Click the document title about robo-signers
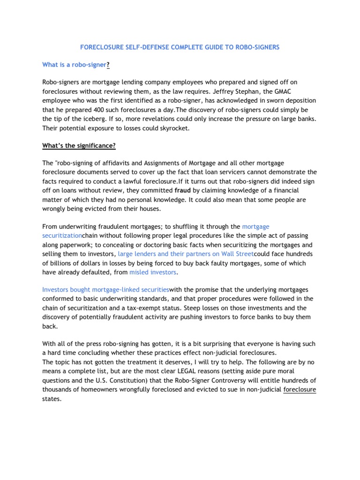(x=180, y=47)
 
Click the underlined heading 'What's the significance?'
(x=79, y=146)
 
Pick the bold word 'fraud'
(x=183, y=191)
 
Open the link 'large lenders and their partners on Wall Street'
(x=186, y=254)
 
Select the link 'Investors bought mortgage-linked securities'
(x=105, y=289)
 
